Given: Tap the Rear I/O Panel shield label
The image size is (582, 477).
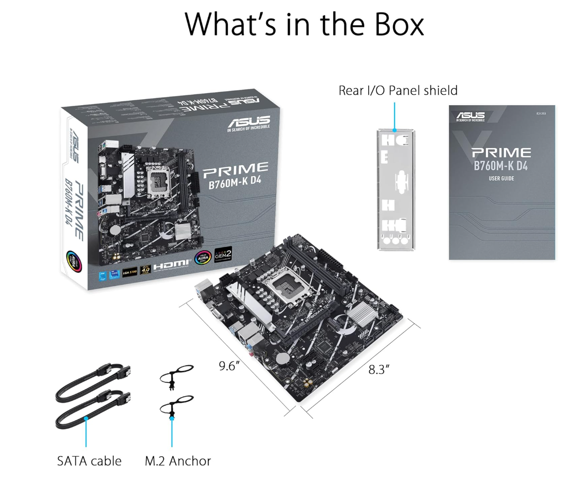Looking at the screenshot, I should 398,91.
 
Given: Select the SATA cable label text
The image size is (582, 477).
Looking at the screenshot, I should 89,461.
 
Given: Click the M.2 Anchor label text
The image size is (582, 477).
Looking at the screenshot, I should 178,461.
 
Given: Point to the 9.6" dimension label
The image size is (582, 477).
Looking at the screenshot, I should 229,366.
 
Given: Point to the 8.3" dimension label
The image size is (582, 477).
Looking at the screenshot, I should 379,370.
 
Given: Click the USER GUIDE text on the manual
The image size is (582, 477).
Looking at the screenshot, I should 501,179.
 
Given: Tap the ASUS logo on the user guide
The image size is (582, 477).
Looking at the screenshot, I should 470,116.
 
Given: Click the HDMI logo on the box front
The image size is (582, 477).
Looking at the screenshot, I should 171,265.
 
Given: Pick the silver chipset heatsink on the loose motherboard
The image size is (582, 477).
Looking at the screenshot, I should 360,314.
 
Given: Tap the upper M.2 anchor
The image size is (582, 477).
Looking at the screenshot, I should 177,376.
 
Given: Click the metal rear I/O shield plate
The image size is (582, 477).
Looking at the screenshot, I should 395,190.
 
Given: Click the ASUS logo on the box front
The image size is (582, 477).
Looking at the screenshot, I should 249,121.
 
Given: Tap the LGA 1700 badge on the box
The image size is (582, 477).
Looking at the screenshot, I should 129,272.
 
